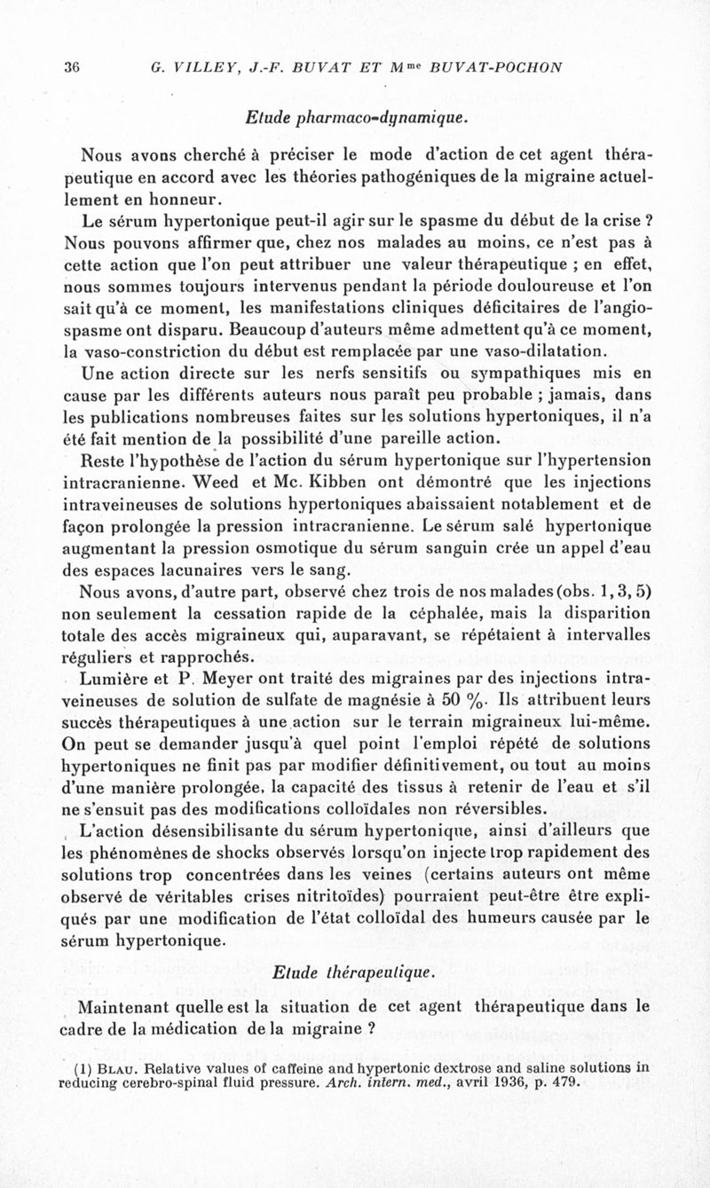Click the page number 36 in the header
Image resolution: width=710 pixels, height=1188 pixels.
[73, 67]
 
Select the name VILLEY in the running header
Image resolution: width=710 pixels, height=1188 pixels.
[201, 67]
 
